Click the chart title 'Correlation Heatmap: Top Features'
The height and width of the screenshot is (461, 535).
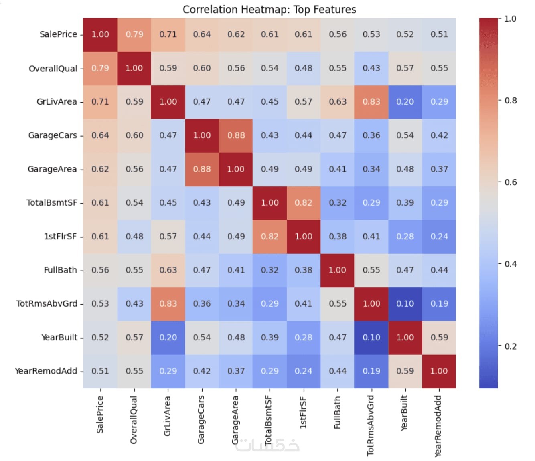(269, 9)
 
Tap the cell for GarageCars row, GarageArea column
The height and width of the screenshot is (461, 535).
(236, 135)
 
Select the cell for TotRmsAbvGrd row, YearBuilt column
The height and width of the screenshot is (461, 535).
(405, 304)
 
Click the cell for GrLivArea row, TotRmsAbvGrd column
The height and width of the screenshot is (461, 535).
(371, 102)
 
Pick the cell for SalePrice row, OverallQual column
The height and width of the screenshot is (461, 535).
(134, 34)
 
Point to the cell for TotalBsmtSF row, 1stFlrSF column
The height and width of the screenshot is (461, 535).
(304, 203)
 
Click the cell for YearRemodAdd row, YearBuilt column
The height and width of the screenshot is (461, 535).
(405, 371)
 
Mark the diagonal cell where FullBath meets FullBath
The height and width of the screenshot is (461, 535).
(337, 270)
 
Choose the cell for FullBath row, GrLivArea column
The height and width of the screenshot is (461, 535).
(168, 270)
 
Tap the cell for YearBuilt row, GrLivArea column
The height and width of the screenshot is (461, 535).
(168, 338)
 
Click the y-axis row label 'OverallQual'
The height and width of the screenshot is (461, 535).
(53, 69)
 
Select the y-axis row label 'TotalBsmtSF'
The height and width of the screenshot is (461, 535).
(52, 203)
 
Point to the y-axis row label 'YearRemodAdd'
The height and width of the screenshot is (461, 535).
(46, 371)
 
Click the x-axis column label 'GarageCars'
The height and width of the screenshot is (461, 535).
(201, 419)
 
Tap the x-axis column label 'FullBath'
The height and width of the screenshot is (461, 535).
(337, 412)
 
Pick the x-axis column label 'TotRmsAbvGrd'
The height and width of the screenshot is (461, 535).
(371, 425)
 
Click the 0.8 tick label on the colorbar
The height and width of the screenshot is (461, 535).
(511, 100)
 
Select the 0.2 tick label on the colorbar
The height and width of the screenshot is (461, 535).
(511, 346)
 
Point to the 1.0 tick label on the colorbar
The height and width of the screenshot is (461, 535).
(510, 18)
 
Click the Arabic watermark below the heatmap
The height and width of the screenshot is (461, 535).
(267, 445)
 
